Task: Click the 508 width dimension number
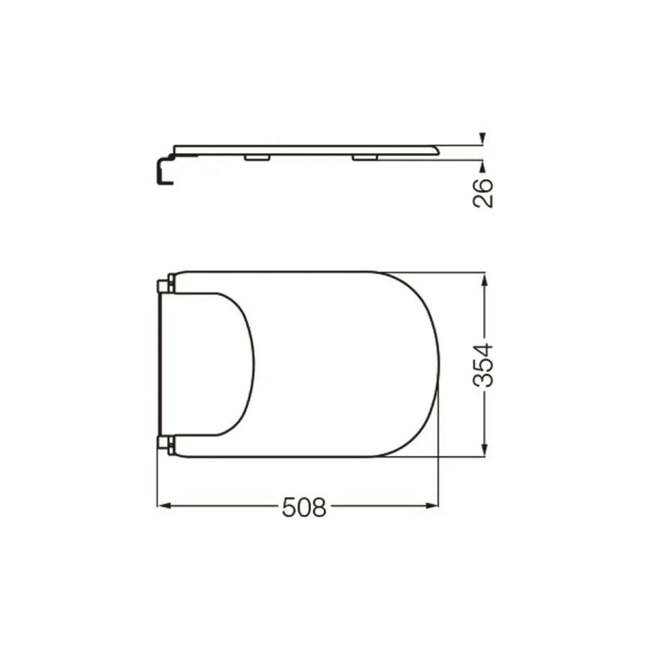(304, 516)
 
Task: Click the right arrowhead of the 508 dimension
(433, 515)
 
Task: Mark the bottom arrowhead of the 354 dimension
(484, 450)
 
